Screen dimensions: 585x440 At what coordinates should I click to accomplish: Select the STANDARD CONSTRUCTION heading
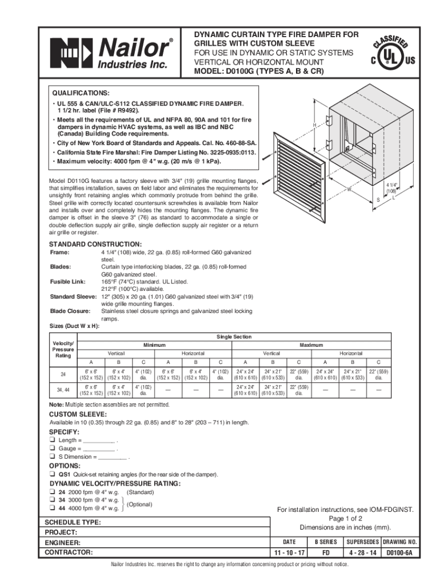[92, 244]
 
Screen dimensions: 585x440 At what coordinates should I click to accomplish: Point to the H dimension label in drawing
[314, 125]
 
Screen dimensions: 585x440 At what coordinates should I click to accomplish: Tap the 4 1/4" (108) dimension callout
[391, 188]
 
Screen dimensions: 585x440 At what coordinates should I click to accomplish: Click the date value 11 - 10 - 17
[289, 553]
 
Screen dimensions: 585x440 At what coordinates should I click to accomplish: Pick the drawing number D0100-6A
[400, 553]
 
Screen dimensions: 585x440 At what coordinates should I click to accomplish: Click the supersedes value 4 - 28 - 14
[360, 553]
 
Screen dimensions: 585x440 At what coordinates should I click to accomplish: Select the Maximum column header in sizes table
[311, 345]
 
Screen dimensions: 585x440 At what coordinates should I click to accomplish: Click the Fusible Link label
[67, 282]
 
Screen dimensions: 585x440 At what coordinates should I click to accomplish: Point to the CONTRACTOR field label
[69, 553]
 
